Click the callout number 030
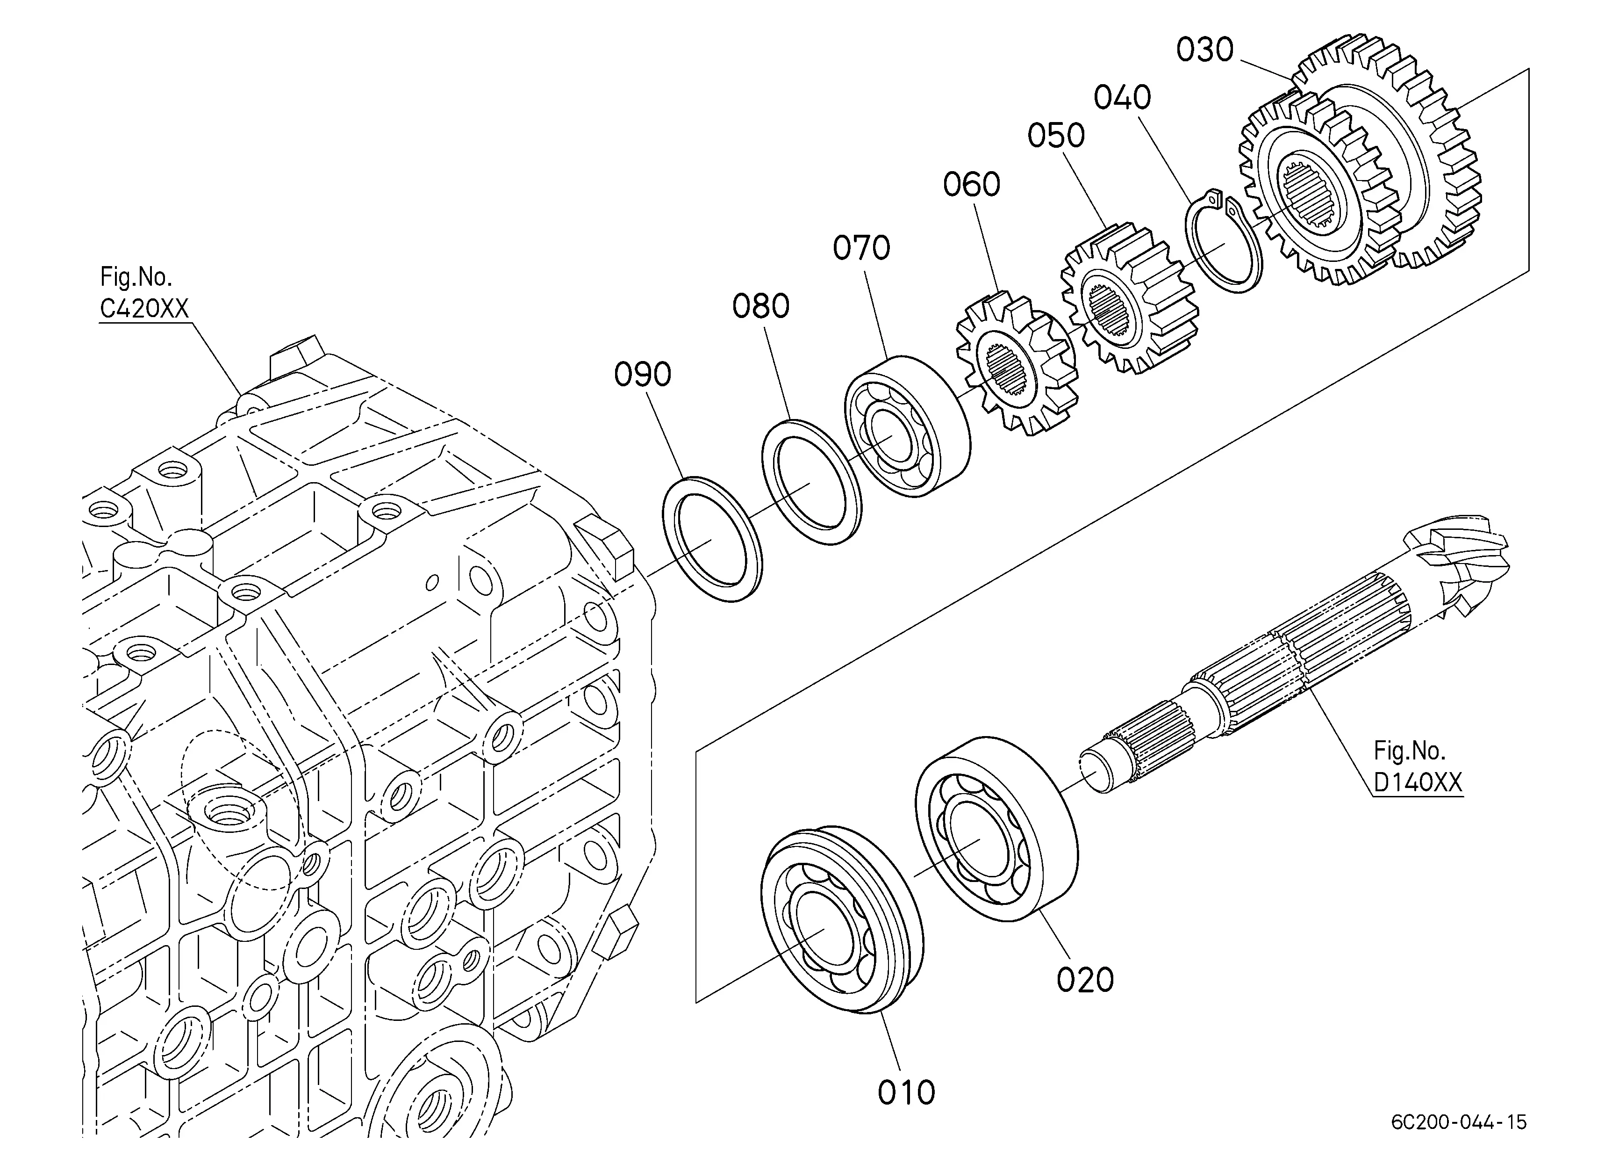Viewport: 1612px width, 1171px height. tap(1205, 51)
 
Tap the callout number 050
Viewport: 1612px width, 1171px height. tap(1056, 136)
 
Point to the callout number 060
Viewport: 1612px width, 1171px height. tap(972, 185)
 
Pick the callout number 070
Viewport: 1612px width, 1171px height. tap(861, 248)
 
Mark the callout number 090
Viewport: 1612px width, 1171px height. tap(643, 375)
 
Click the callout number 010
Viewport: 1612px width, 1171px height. tap(906, 1093)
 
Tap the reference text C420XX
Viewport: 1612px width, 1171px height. tap(144, 309)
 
